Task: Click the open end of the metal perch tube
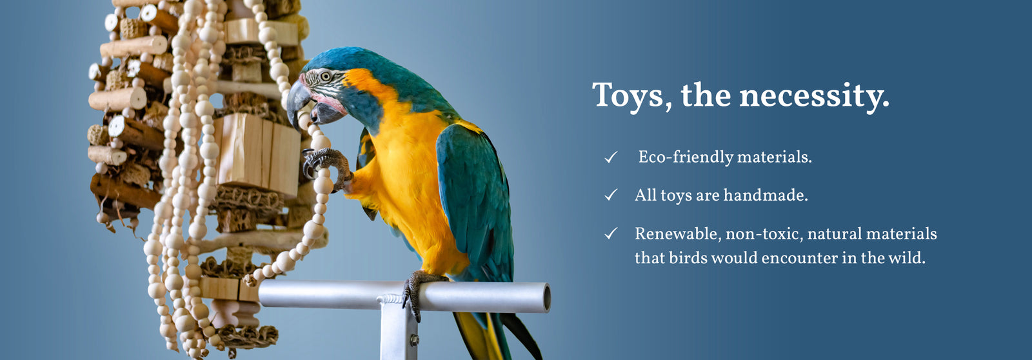[x=546, y=298]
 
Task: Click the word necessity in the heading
[x=814, y=97]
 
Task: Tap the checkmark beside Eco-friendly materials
[x=611, y=157]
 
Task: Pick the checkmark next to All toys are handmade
[x=611, y=195]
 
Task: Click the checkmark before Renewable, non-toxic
[x=611, y=234]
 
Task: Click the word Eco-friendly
[x=684, y=157]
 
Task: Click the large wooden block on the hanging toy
[x=257, y=155]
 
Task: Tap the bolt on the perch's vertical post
[x=414, y=340]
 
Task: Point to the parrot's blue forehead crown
[x=341, y=58]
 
